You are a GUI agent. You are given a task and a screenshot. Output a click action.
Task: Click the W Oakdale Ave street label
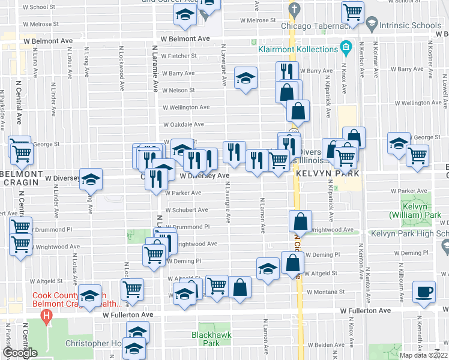[x=185, y=124]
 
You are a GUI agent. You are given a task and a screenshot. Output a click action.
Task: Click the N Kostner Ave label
[x=430, y=54]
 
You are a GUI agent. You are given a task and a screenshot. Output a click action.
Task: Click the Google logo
[x=20, y=353]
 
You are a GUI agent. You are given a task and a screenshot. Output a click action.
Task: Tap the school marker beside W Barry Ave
[x=245, y=79]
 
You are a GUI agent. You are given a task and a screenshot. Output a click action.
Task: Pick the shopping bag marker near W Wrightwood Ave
[x=300, y=221]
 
